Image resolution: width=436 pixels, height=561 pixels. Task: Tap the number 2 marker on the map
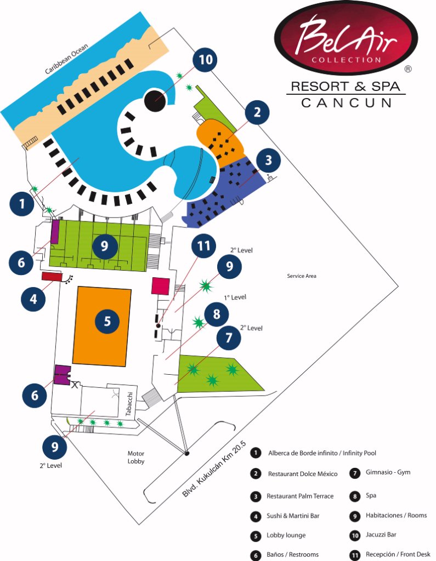pos(257,113)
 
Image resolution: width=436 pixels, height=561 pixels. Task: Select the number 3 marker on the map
pos(268,161)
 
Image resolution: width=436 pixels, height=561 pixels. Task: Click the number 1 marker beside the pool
pos(22,205)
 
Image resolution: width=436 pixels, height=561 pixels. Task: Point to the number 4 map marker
pos(33,299)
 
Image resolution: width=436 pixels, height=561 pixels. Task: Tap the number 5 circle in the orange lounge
pos(107,322)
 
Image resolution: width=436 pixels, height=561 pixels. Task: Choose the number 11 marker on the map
pos(204,247)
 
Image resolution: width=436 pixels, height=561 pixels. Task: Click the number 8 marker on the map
pos(217,314)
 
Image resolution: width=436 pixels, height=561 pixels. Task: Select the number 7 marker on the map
pos(229,339)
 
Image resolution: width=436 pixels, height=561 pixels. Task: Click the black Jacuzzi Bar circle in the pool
pos(155,100)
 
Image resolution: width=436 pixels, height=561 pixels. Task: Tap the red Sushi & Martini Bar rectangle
pos(51,277)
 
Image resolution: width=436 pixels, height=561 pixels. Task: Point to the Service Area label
pos(302,276)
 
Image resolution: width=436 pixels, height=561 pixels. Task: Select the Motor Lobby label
pos(136,457)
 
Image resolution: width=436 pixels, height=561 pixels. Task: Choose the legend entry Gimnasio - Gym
pos(387,472)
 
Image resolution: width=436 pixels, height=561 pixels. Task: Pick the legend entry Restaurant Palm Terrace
pos(299,496)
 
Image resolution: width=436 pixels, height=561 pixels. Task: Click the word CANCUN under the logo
pos(346,102)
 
